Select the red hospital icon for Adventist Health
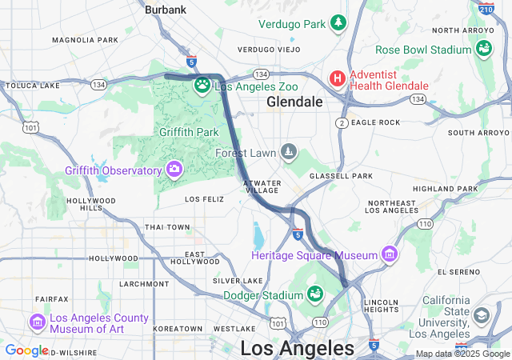pos(338,78)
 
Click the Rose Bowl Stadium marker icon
pos(483,50)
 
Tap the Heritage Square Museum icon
pos(390,254)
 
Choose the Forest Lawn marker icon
pos(287,151)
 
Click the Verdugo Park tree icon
pos(338,22)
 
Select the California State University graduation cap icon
pos(481,315)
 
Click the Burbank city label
pos(165,10)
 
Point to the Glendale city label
pos(294,102)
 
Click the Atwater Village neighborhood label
pos(262,186)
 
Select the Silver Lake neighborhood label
pos(238,281)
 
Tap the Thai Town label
pos(167,227)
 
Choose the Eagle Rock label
pos(375,122)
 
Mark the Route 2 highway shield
pos(342,122)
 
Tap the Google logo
pos(26,350)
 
